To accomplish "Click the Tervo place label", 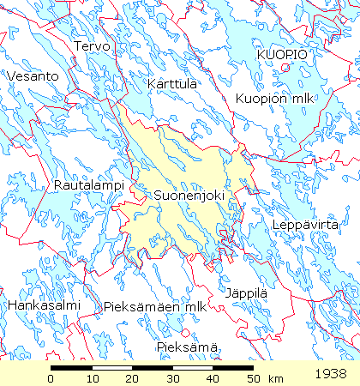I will pyautogui.click(x=93, y=45).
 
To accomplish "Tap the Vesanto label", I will pyautogui.click(x=32, y=76).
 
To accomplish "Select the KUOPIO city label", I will pyautogui.click(x=282, y=54).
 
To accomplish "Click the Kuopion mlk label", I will pyautogui.click(x=276, y=98).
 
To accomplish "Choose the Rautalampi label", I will pyautogui.click(x=89, y=185).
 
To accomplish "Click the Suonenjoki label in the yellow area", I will pyautogui.click(x=189, y=196).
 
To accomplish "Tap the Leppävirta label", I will pyautogui.click(x=301, y=225).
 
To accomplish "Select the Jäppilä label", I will pyautogui.click(x=247, y=293).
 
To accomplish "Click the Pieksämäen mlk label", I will pyautogui.click(x=154, y=306).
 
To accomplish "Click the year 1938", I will pyautogui.click(x=331, y=375).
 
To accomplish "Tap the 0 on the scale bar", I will pyautogui.click(x=51, y=378).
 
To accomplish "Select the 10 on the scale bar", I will pyautogui.click(x=92, y=378).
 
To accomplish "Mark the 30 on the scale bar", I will pyautogui.click(x=172, y=378).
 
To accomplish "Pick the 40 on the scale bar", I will pyautogui.click(x=213, y=378).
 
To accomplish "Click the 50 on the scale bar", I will pyautogui.click(x=253, y=378).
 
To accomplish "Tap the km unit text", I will pyautogui.click(x=276, y=378).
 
